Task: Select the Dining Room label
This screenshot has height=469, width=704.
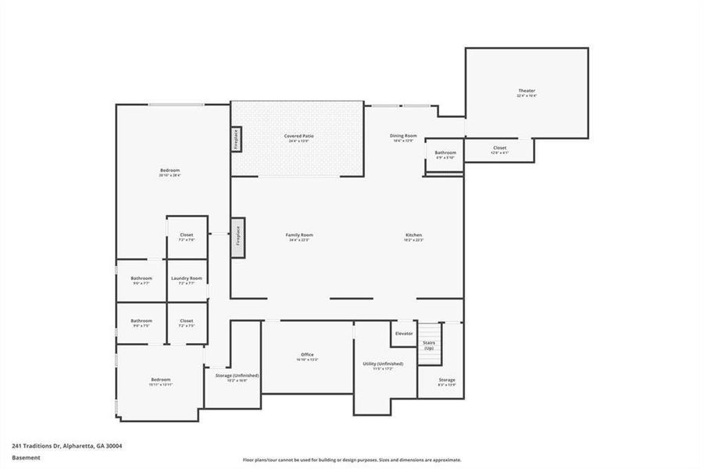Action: coord(404,136)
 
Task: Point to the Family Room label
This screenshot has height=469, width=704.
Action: coord(299,235)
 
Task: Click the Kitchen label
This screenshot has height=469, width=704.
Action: coord(413,235)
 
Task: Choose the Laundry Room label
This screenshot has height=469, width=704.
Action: coord(187,278)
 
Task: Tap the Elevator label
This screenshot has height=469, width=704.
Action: coord(404,334)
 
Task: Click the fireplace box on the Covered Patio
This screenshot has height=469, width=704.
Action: coord(236,139)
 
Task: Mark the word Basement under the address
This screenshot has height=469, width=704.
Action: coord(26,458)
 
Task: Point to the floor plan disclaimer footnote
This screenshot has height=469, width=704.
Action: coord(352,460)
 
